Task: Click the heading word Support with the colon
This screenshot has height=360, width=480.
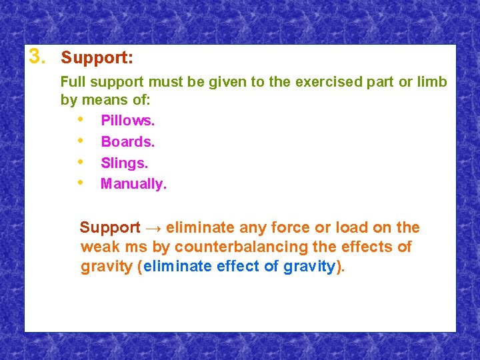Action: (x=97, y=58)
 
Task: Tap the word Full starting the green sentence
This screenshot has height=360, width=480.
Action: (x=73, y=82)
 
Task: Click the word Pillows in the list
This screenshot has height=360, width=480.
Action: (x=127, y=121)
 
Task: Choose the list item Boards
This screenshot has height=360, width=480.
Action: (x=127, y=142)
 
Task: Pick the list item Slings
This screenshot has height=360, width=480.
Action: (x=124, y=163)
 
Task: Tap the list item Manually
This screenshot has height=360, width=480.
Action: (x=133, y=184)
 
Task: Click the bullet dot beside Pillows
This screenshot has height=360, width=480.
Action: (x=81, y=120)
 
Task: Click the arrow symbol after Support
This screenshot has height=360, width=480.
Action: (x=153, y=228)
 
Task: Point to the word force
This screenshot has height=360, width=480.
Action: (x=274, y=227)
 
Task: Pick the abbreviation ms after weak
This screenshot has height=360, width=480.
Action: (x=137, y=247)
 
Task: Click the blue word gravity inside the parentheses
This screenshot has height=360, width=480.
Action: (x=309, y=267)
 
